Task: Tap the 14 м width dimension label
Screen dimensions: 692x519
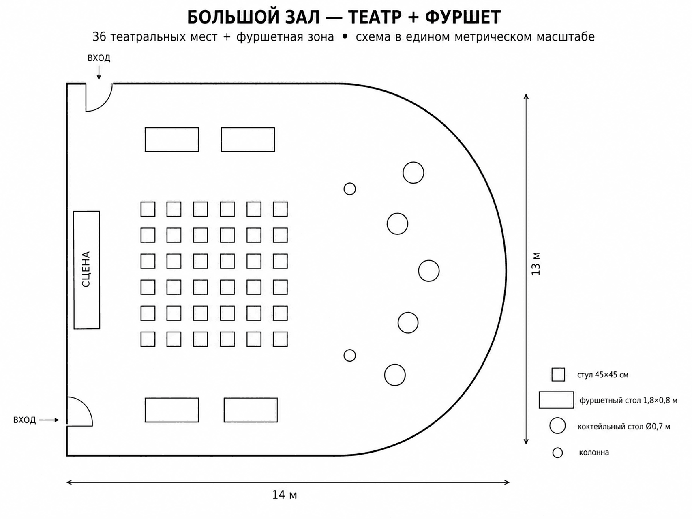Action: (x=285, y=495)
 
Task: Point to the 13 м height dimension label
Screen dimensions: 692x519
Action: (x=536, y=264)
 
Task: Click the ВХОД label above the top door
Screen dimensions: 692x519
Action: (x=99, y=58)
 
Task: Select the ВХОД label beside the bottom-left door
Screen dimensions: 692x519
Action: (x=25, y=420)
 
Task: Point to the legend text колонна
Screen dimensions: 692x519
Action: (x=594, y=453)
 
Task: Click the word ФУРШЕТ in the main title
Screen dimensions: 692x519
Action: (x=463, y=17)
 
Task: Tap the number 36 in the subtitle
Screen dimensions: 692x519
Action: (x=99, y=37)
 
